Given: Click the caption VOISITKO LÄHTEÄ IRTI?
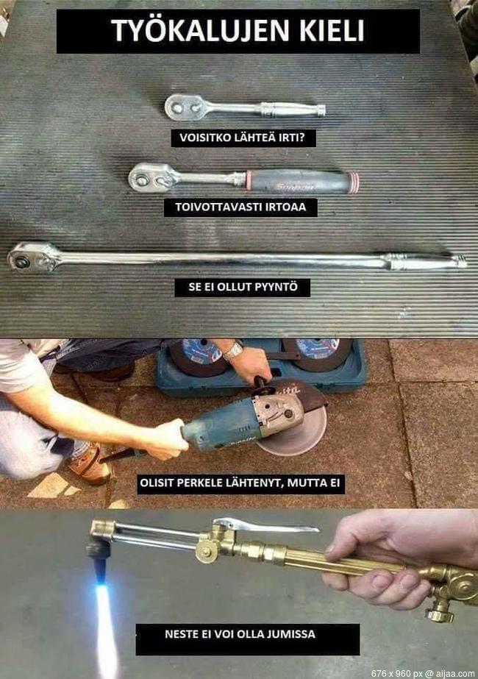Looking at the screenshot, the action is click(x=243, y=138).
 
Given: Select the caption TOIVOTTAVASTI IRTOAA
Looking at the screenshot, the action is click(x=240, y=207).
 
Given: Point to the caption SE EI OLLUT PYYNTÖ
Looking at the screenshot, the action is click(x=243, y=287).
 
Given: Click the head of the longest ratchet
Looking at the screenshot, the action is click(x=32, y=257).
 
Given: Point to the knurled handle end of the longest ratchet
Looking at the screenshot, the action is click(x=424, y=261).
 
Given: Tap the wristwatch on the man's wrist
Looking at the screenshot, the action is click(x=232, y=352).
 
